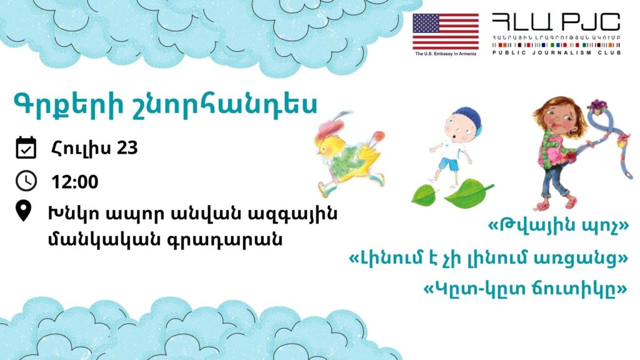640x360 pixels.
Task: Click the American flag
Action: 445,31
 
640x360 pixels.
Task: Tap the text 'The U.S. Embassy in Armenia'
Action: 445,54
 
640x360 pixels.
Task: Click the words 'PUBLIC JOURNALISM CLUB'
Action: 556,52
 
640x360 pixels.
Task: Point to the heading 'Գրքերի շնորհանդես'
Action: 165,104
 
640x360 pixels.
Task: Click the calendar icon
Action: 26,147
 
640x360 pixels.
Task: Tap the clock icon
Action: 26,181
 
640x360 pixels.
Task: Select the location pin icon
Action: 23,211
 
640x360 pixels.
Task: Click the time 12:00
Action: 75,182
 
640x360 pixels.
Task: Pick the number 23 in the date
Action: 127,147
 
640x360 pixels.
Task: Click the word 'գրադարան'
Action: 225,239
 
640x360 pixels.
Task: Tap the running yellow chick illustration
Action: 350,154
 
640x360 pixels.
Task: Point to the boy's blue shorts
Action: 449,164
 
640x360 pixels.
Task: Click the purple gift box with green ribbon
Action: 597,107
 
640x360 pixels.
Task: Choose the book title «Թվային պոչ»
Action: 558,225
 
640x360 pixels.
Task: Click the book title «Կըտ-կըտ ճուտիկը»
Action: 525,289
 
